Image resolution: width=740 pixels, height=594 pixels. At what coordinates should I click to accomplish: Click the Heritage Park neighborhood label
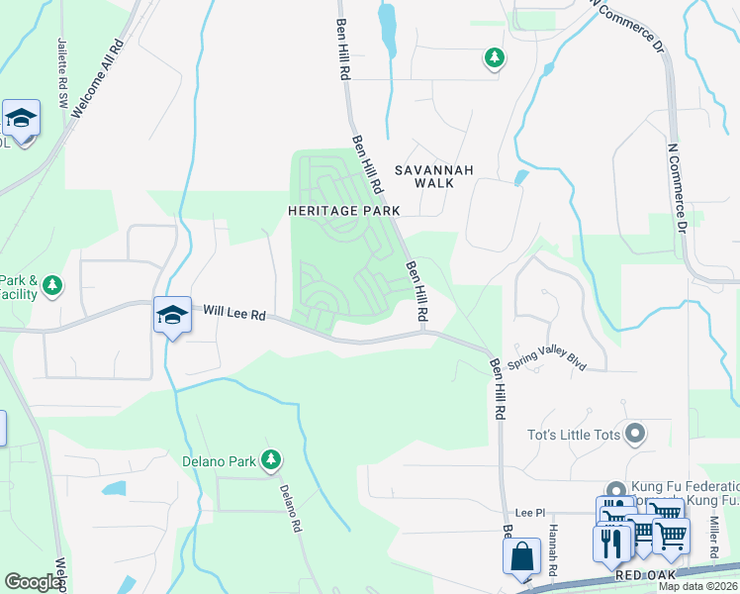click(343, 211)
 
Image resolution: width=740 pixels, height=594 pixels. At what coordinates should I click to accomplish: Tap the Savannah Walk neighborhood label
click(434, 176)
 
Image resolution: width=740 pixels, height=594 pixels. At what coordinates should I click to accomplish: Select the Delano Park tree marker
click(271, 460)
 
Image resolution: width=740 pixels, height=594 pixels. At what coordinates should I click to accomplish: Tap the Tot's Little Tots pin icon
click(635, 433)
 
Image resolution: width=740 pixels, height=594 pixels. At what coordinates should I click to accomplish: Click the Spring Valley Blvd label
click(547, 361)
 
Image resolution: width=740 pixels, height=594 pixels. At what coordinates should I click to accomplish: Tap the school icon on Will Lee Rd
click(172, 316)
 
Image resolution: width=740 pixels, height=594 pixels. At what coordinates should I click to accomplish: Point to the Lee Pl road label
click(531, 512)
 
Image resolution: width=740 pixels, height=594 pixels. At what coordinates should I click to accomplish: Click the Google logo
click(34, 582)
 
